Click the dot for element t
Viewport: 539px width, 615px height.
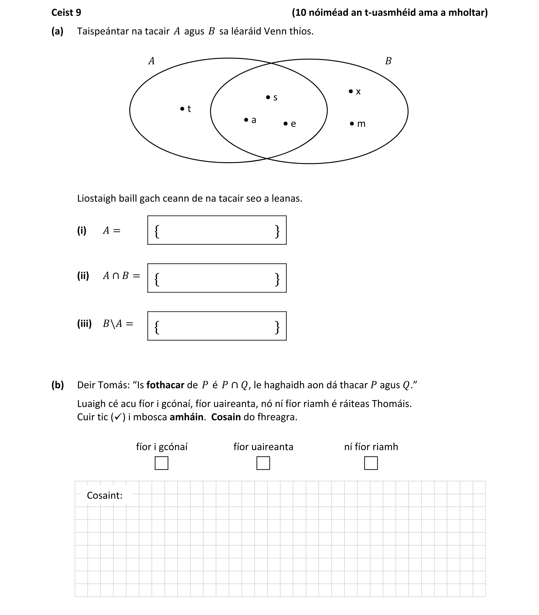[182, 108]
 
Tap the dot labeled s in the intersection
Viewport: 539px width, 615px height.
[268, 97]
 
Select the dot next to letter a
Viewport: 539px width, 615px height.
[246, 120]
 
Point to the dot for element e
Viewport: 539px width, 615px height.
[286, 123]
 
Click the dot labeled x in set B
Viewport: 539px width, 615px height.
[351, 91]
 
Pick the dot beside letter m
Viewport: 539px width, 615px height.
[352, 123]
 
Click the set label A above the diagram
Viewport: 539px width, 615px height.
[151, 61]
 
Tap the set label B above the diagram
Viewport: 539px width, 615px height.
[388, 61]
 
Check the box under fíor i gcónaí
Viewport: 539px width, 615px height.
[162, 463]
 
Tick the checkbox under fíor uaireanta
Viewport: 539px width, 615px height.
[263, 463]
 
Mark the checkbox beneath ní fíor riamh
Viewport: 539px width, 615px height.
[371, 463]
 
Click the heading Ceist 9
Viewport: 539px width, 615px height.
[66, 12]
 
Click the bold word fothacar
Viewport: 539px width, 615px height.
[165, 385]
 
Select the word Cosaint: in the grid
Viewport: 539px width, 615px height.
[105, 495]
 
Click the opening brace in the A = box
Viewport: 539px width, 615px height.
[157, 231]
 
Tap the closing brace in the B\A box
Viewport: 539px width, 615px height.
[277, 328]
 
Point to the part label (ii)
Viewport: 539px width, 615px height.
[83, 275]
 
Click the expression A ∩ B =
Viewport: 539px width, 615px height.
[122, 275]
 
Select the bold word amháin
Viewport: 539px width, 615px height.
[186, 417]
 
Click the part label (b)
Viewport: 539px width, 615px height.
[58, 385]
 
